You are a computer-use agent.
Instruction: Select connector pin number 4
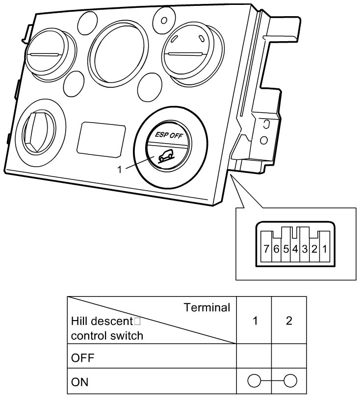coord(295,249)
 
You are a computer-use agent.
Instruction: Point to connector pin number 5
coord(286,249)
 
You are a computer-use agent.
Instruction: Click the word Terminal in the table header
coord(206,308)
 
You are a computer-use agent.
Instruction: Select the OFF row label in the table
coord(82,357)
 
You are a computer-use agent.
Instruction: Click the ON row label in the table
coord(80,381)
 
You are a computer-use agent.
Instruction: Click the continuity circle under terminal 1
coord(255,381)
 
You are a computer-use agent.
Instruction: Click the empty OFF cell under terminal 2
coord(289,357)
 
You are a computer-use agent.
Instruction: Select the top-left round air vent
coord(46,53)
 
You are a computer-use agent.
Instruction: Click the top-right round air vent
coord(188,51)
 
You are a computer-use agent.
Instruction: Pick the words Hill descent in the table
coord(102,322)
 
